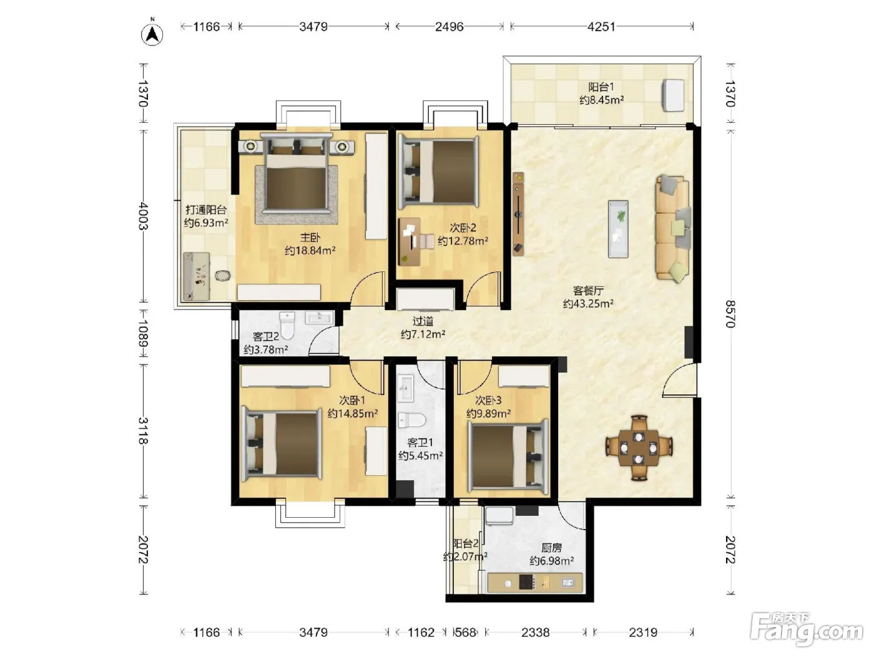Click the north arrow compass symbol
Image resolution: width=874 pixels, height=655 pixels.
coord(152,34)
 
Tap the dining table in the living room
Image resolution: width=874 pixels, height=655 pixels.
coord(639,448)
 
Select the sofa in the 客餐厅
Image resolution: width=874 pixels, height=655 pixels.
coord(673,228)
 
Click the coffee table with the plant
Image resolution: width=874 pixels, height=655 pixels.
coord(618,229)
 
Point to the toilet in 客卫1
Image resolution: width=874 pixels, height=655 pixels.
coord(411,420)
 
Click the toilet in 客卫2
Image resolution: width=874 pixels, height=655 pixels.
coord(287,325)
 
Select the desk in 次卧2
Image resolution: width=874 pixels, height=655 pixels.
coord(410,241)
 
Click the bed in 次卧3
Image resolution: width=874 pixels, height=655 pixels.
coord(508,455)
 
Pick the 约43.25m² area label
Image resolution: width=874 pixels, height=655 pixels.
coord(588,304)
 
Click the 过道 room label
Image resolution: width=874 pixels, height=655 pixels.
coord(423,321)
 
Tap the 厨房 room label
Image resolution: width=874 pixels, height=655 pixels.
coord(551,548)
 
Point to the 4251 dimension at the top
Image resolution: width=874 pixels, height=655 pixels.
coord(601,27)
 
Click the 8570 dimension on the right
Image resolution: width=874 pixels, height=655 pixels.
coord(730,314)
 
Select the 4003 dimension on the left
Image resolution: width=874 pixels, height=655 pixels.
coord(144,216)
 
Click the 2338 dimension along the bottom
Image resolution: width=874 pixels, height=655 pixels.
coord(535,632)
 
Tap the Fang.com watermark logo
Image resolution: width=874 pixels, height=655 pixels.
coord(807,629)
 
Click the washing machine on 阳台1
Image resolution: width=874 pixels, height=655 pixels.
coord(673,95)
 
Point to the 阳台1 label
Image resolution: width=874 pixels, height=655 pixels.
coord(601,87)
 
